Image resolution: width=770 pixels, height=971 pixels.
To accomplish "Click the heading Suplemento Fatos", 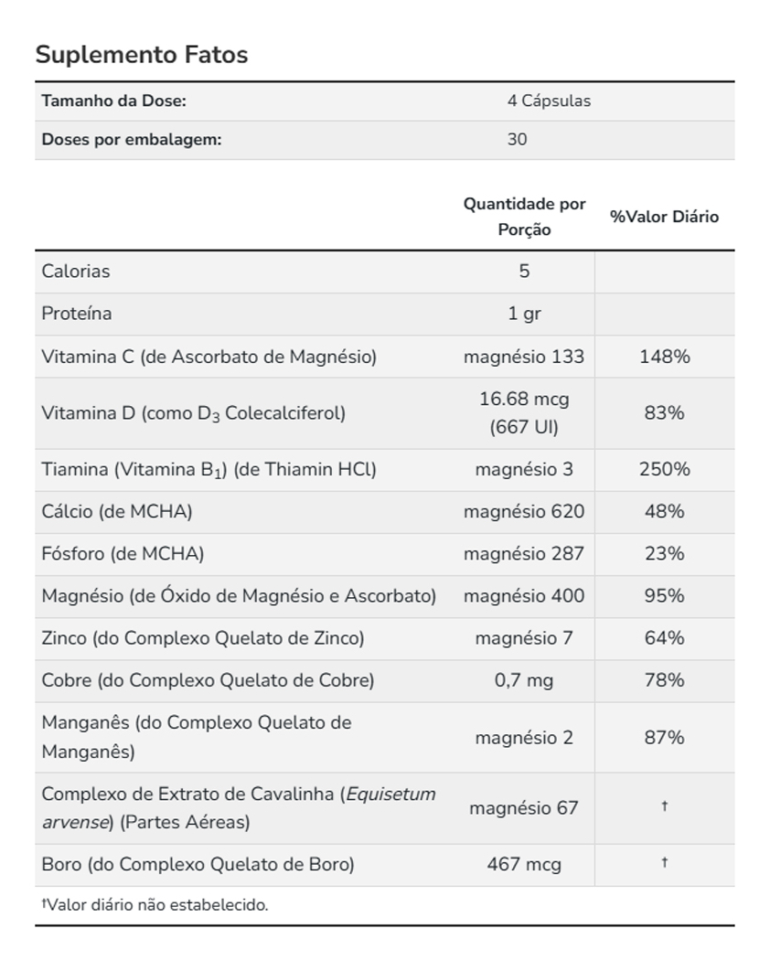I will pyautogui.click(x=142, y=55).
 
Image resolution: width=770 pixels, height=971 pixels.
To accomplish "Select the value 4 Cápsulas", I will pyautogui.click(x=549, y=101).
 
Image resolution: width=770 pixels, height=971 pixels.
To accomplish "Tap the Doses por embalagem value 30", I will pyautogui.click(x=517, y=140).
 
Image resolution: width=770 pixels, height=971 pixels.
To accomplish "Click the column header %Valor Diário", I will pyautogui.click(x=664, y=217).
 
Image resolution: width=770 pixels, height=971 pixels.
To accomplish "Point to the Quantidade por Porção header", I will pyautogui.click(x=524, y=217).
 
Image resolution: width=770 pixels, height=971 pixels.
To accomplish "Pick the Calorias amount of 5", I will pyautogui.click(x=524, y=271).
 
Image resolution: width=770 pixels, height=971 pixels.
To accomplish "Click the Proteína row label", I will pyautogui.click(x=77, y=314).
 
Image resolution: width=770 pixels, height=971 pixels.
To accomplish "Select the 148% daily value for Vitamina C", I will pyautogui.click(x=664, y=357).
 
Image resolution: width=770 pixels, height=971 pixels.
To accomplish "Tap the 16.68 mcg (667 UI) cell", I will pyautogui.click(x=524, y=412).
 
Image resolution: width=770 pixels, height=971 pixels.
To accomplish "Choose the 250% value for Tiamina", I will pyautogui.click(x=664, y=469).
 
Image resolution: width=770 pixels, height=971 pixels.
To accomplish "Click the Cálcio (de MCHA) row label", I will pyautogui.click(x=117, y=511).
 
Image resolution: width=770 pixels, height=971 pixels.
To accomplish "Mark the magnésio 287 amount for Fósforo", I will pyautogui.click(x=524, y=553).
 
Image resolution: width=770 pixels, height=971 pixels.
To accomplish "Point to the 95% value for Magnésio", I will pyautogui.click(x=664, y=595).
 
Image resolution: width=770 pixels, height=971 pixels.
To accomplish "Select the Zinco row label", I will pyautogui.click(x=202, y=637).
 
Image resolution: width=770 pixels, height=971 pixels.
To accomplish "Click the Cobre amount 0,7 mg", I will pyautogui.click(x=524, y=680).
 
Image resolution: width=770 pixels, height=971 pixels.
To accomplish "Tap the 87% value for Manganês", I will pyautogui.click(x=664, y=737).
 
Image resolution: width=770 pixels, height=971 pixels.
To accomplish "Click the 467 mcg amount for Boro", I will pyautogui.click(x=524, y=864).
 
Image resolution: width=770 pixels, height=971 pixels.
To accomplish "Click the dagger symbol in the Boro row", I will pyautogui.click(x=664, y=863).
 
